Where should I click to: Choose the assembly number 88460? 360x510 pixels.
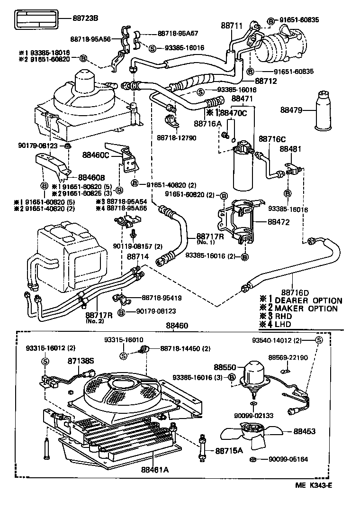tap(177, 327)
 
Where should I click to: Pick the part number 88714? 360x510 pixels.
tap(138, 256)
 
